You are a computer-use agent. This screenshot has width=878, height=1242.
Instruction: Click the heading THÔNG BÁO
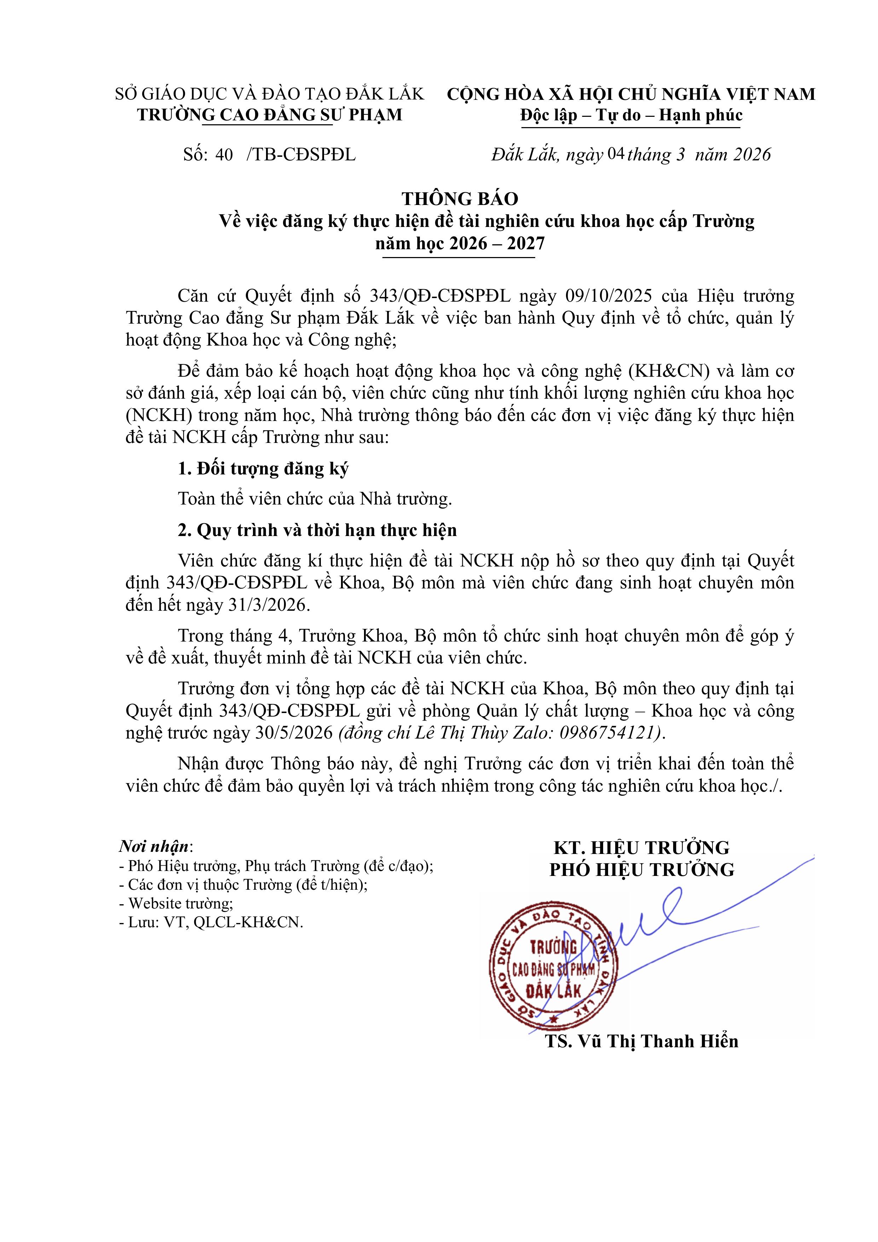tap(460, 199)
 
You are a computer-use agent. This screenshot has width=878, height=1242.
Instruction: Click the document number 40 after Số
tap(224, 155)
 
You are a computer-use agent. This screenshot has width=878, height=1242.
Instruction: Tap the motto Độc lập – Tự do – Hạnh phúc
tap(631, 115)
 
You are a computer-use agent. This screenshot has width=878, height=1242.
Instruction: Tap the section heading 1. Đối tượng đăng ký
tap(263, 468)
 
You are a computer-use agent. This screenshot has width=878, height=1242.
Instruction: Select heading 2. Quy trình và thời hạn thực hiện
tap(317, 530)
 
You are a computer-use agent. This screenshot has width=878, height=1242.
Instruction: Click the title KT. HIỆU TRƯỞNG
tap(641, 848)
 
